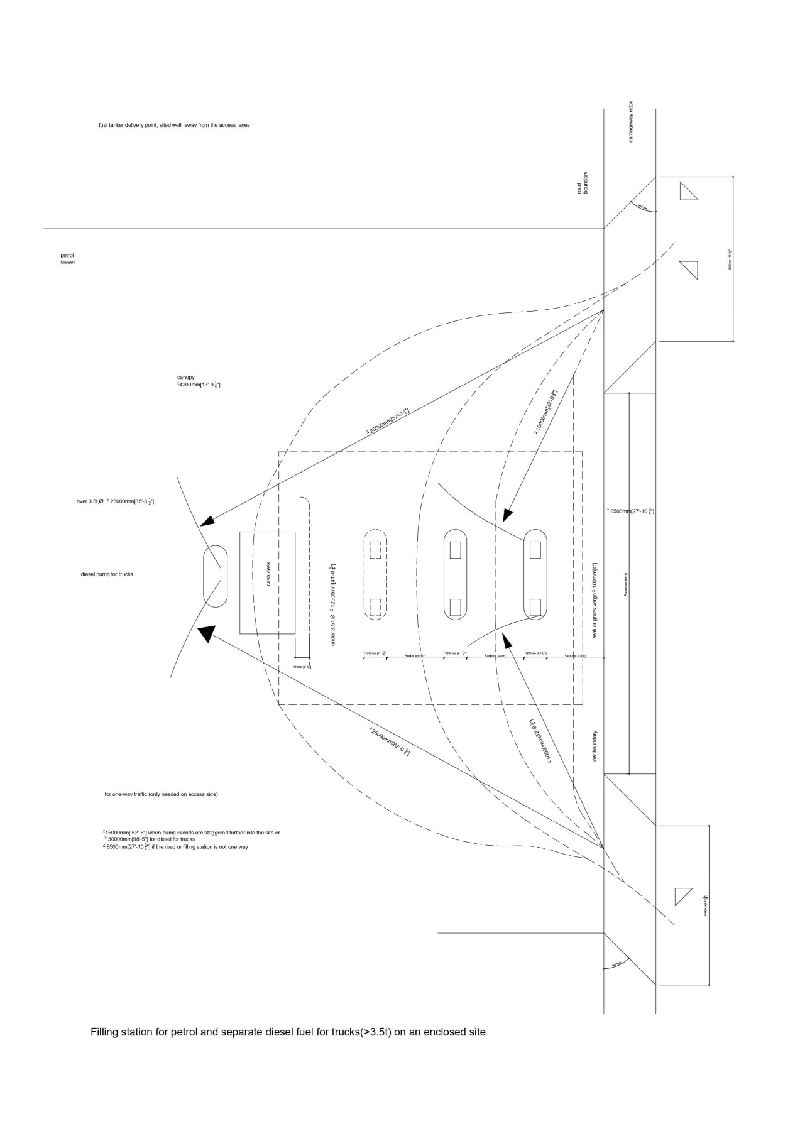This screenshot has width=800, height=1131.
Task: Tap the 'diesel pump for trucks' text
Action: (107, 574)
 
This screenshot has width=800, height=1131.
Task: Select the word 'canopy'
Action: (185, 377)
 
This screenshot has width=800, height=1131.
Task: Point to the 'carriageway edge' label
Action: (631, 121)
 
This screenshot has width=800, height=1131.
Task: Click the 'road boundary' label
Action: (582, 182)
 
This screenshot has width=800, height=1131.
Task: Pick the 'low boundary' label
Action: (595, 746)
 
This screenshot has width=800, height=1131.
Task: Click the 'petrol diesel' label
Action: (67, 258)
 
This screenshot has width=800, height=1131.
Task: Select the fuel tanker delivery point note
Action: (174, 125)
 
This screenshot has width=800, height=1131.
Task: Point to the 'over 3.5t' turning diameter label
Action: (115, 501)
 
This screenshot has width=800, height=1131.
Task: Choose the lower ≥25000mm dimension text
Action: (390, 741)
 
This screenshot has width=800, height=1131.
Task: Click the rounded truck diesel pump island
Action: (214, 576)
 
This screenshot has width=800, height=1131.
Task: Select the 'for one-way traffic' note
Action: (161, 794)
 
